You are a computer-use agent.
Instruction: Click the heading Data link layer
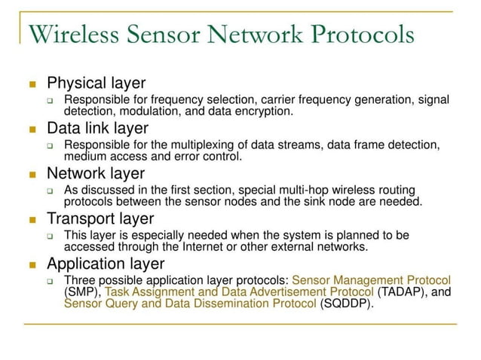pos(97,128)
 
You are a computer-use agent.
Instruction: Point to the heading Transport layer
pos(100,218)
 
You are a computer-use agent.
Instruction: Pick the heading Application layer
pos(106,264)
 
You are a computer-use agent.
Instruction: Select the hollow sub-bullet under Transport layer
pos(50,236)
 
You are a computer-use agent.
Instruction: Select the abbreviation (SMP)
pos(81,292)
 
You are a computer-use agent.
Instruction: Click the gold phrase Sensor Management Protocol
pos(371,280)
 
